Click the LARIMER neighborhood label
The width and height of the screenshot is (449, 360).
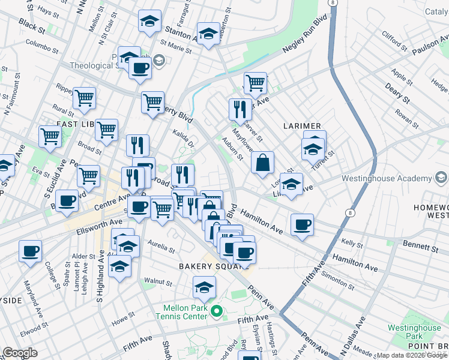303,125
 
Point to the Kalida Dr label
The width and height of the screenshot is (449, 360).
184,139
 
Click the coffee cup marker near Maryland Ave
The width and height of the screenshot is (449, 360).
30,251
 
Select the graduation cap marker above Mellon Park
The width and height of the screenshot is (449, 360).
205,287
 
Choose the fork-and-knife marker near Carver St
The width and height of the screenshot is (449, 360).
240,109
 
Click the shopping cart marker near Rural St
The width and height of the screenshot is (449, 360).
84,99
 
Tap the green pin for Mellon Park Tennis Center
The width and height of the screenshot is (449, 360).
218,311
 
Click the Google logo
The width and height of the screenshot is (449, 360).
20,353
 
